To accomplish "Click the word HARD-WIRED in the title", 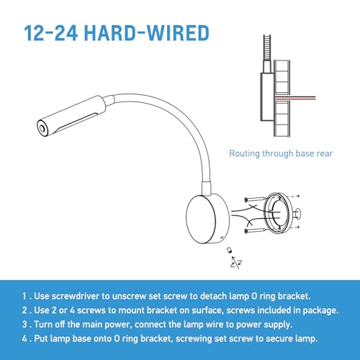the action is [x=147, y=33].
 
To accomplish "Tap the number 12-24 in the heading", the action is [x=50, y=33].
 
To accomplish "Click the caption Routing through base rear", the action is [x=281, y=153].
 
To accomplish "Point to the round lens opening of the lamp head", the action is [x=42, y=129].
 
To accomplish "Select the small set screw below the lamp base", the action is [x=230, y=250].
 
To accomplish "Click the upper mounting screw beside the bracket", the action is [x=255, y=199].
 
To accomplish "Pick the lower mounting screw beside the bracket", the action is [x=255, y=231].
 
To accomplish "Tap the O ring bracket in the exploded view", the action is [x=279, y=212].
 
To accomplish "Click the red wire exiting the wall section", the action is [x=295, y=97].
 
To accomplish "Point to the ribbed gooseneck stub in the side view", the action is [x=267, y=48].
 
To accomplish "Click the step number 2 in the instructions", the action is [x=24, y=310].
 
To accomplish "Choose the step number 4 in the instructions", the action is [x=24, y=338].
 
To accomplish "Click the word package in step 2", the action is [x=320, y=310].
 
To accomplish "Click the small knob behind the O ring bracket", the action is [x=298, y=213].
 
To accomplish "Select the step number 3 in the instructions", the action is [x=24, y=325].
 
